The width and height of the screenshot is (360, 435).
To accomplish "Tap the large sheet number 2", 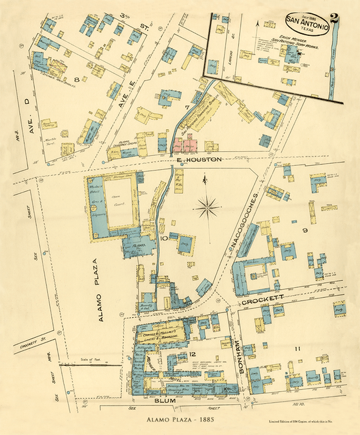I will pyautogui.click(x=335, y=21).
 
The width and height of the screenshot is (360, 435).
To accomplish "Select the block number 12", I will pyautogui.click(x=192, y=353).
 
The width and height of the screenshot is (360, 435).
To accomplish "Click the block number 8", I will pyautogui.click(x=76, y=80).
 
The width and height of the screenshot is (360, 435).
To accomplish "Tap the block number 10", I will pyautogui.click(x=163, y=236).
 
